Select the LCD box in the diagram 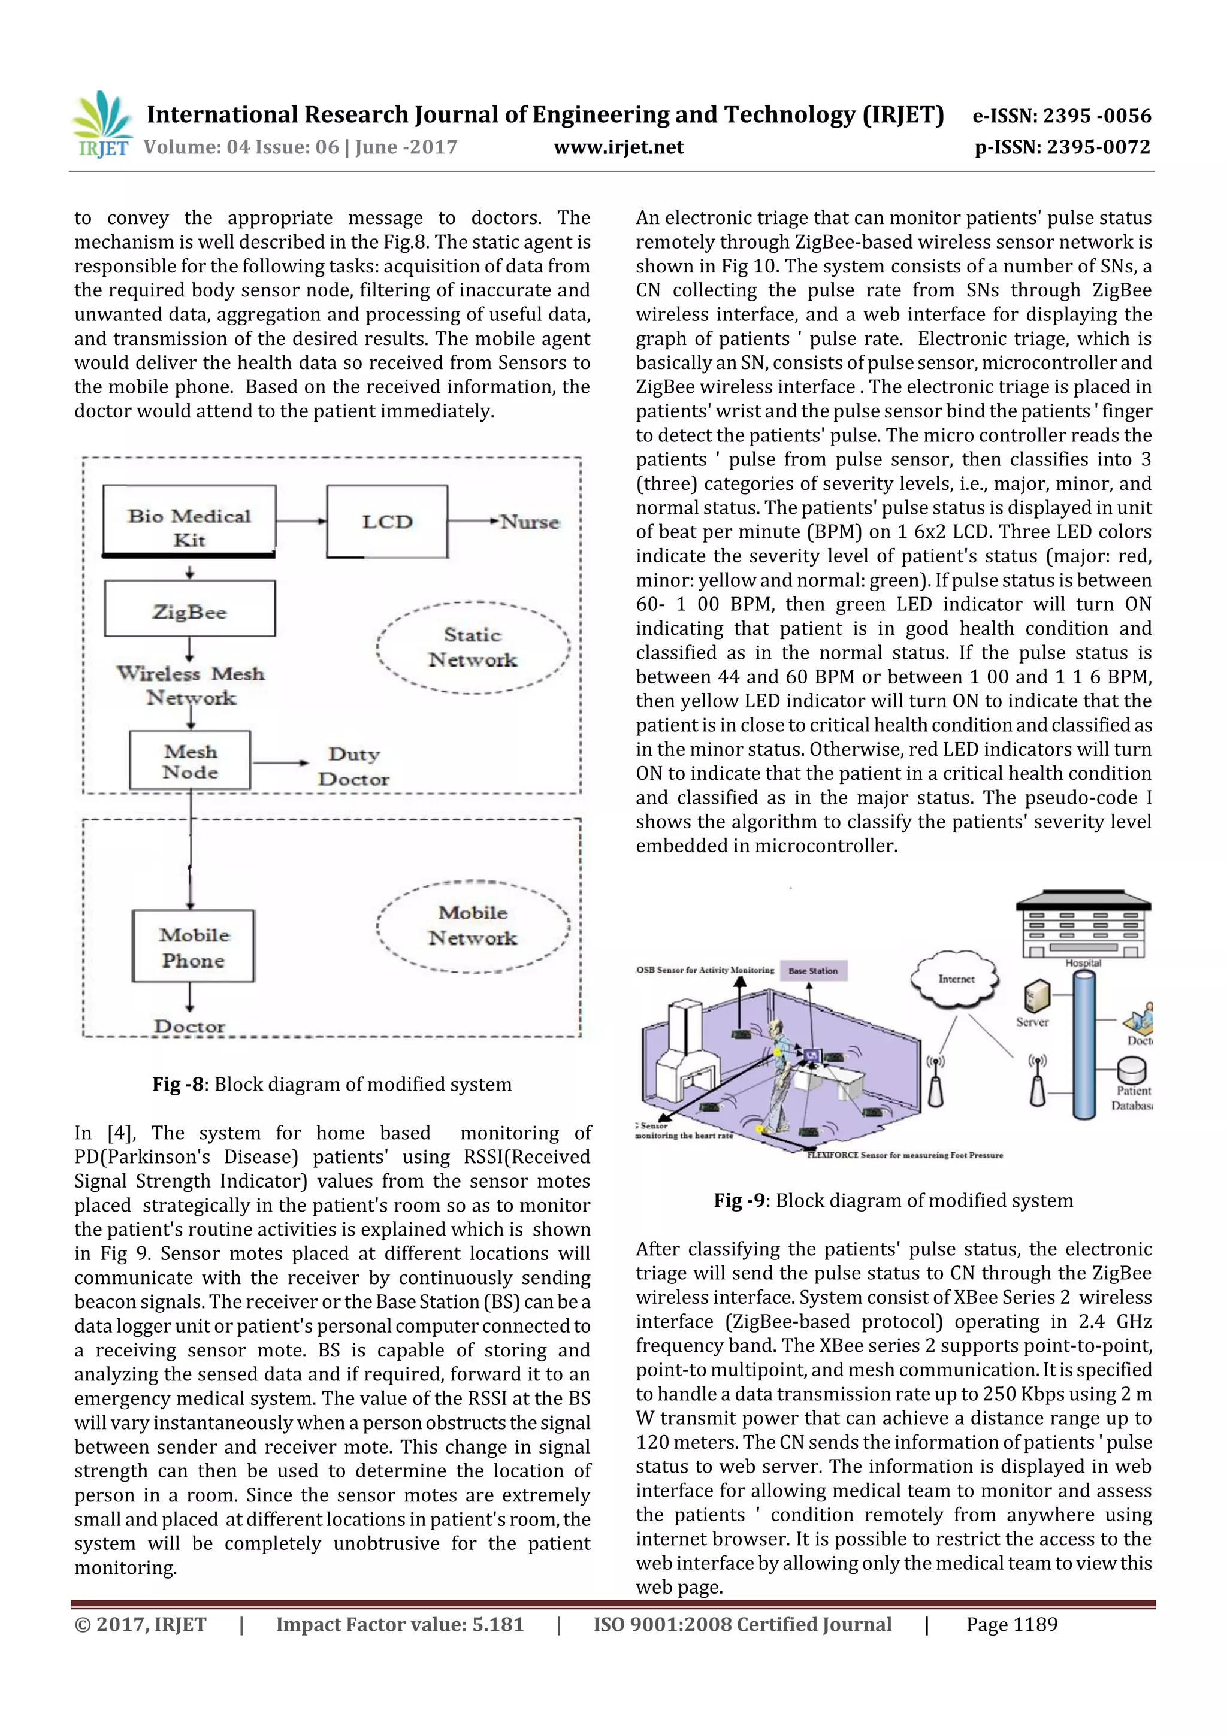[x=387, y=522]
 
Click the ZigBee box [x=190, y=608]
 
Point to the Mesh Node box [x=190, y=760]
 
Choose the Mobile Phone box [x=193, y=946]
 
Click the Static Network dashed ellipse [x=473, y=647]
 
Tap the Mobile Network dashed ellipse [x=473, y=926]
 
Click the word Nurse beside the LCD [x=531, y=522]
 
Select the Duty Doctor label [x=353, y=766]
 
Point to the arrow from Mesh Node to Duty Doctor [x=280, y=762]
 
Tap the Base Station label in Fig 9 [x=813, y=971]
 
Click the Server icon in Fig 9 [x=1036, y=997]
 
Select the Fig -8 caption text [x=332, y=1085]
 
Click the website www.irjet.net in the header [x=618, y=147]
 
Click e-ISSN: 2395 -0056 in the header [x=1062, y=116]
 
